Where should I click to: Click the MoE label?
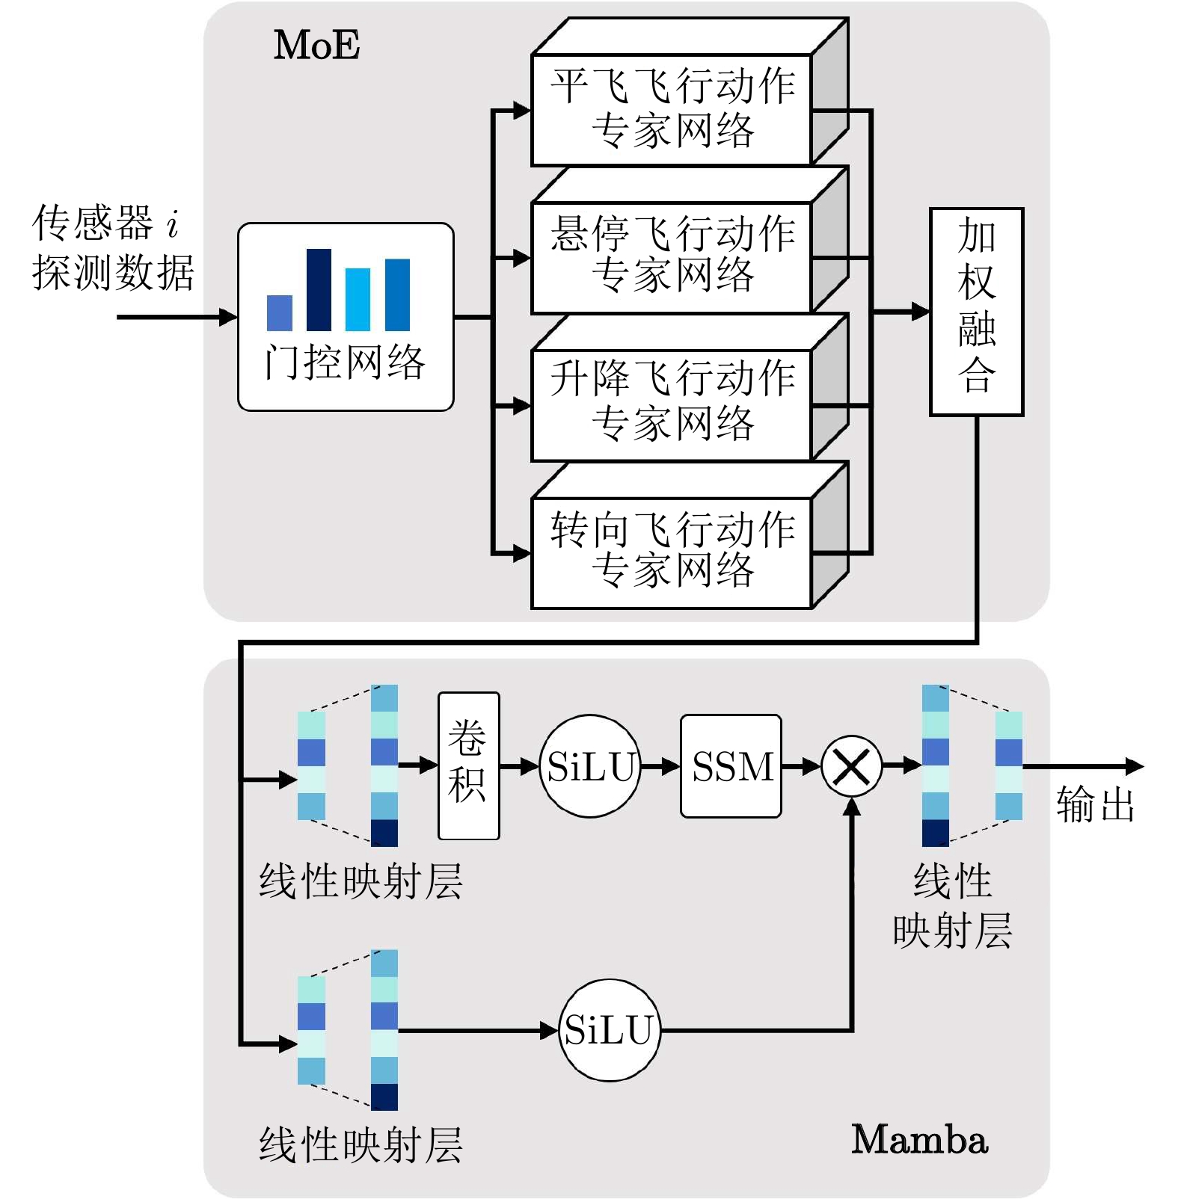(316, 45)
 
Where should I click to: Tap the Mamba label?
(919, 1140)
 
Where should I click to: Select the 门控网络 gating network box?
(346, 317)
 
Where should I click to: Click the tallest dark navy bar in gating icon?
(319, 290)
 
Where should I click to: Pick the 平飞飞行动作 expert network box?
(672, 109)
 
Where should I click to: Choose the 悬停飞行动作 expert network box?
(672, 257)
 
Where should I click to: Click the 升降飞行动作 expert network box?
(672, 405)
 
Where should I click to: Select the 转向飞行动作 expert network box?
(672, 552)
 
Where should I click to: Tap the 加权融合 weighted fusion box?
(976, 311)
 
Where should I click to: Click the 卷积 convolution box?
(468, 765)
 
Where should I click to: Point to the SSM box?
(731, 766)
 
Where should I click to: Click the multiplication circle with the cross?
(851, 766)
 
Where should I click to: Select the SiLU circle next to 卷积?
(590, 766)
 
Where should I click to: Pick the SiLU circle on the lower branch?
(610, 1030)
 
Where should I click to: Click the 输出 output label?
(1095, 805)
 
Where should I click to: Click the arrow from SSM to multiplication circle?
(801, 766)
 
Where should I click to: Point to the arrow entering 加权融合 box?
(901, 311)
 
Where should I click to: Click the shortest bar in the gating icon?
(279, 313)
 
